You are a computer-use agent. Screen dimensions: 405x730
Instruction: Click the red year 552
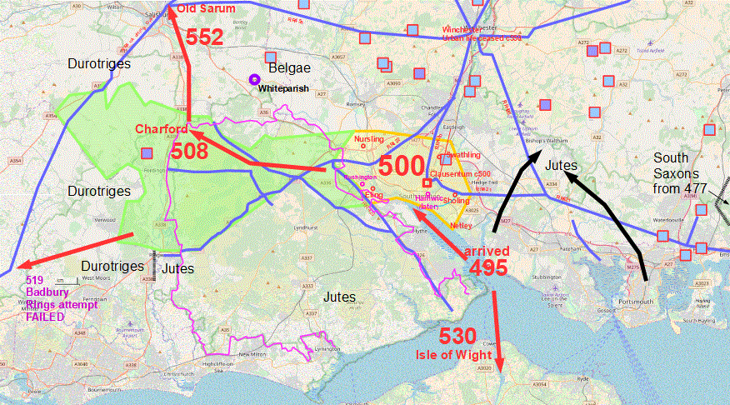point(203,37)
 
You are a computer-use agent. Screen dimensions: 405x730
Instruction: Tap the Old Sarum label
point(207,10)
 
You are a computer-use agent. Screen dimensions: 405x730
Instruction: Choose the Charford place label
point(160,130)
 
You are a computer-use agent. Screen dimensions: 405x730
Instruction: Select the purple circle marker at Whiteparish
point(253,79)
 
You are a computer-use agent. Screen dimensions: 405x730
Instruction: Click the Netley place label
point(460,226)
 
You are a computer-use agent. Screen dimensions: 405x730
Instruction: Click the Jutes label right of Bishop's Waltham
point(561,166)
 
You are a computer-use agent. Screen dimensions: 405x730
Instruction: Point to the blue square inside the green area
point(147,153)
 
